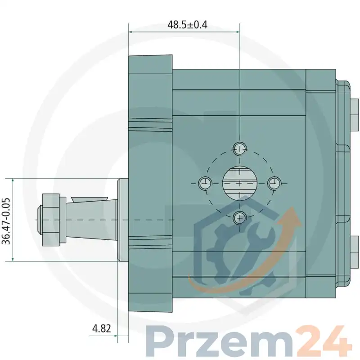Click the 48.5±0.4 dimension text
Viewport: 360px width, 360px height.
(x=187, y=25)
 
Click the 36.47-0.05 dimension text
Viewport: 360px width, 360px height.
(x=6, y=221)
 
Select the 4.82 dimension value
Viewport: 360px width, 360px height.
(x=102, y=328)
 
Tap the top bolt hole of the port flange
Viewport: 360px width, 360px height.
(x=240, y=149)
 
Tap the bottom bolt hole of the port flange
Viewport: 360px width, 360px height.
(x=240, y=217)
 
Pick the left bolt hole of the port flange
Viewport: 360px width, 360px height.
(x=205, y=183)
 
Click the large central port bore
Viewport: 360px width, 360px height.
(x=240, y=183)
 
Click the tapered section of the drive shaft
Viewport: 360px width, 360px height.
(x=91, y=220)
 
